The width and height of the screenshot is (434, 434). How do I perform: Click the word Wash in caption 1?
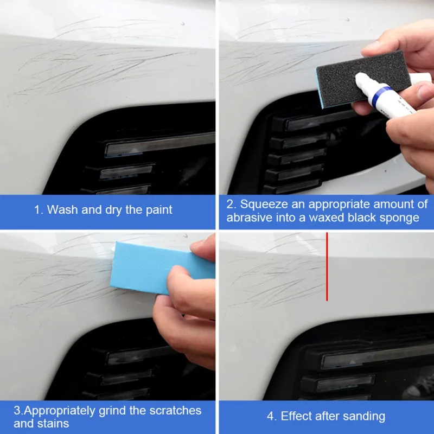tap(62, 209)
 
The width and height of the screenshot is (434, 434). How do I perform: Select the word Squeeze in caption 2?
tap(264, 204)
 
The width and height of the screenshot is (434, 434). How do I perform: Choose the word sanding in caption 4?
tap(365, 417)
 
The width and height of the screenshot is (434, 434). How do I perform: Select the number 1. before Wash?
tap(39, 209)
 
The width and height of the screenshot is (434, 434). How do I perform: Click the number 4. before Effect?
tap(272, 417)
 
